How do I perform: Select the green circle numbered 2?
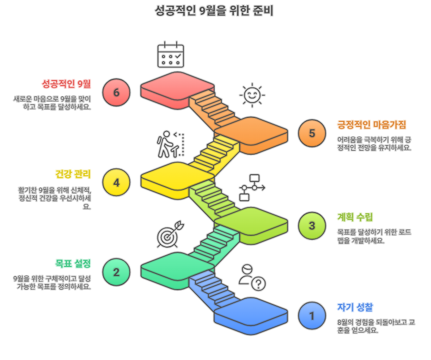pos(117,272)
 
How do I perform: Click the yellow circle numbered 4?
pos(117,182)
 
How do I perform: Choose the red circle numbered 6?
pos(117,92)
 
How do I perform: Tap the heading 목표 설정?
pos(73,263)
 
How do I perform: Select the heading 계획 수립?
pos(355,217)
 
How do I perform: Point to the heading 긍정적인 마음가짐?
pos(372,125)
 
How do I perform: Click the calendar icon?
pos(170,55)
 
